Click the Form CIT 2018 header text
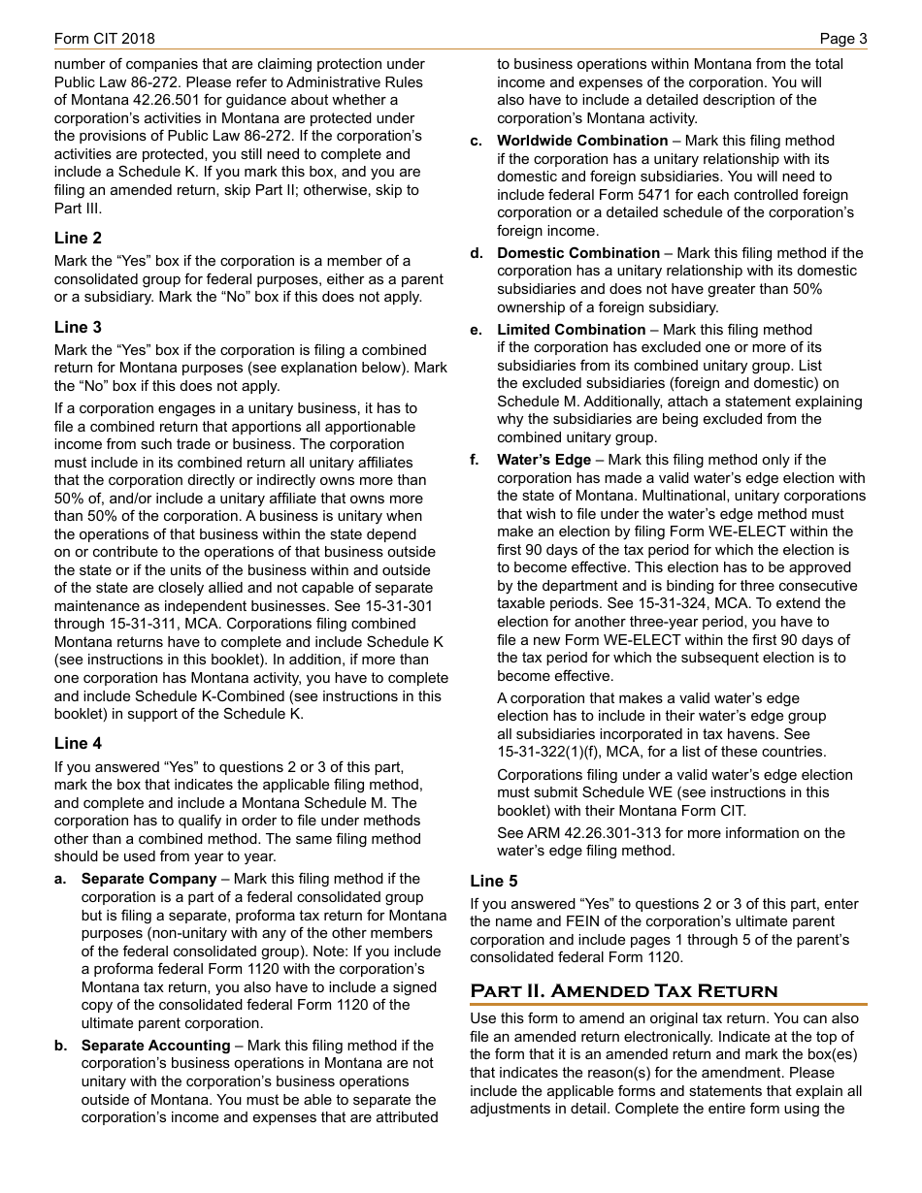click(104, 39)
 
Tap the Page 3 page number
click(842, 39)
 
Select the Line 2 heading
click(78, 238)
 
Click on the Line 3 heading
click(78, 327)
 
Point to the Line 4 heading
click(78, 743)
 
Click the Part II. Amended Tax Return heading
click(624, 990)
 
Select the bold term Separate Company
click(148, 879)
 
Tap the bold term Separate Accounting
click(155, 1046)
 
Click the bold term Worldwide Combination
click(582, 141)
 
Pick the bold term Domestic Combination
click(578, 253)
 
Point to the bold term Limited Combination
click(572, 330)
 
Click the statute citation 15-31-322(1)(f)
click(551, 752)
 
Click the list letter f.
click(475, 460)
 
